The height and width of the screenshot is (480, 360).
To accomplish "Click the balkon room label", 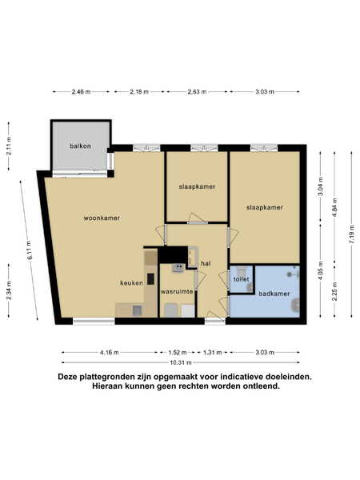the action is click(80, 146).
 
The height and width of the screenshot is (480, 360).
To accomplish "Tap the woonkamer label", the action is click(102, 218).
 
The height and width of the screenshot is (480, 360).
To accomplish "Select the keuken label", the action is click(131, 283).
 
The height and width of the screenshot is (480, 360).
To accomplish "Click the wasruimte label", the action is click(177, 291).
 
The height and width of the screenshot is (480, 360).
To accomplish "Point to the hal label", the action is click(206, 263).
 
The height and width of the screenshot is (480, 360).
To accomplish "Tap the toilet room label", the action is click(242, 279).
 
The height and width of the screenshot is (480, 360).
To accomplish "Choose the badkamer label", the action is click(274, 294).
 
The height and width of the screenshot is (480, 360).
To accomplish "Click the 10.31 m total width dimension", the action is click(181, 362).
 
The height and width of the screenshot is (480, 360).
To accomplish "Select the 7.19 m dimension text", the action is click(352, 234).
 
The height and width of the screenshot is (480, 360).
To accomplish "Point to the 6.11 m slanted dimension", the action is click(30, 250).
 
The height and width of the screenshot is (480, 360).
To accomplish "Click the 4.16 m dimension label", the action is click(110, 352).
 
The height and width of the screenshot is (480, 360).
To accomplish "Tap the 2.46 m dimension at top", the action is click(81, 91).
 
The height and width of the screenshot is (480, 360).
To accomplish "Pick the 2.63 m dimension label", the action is click(197, 91).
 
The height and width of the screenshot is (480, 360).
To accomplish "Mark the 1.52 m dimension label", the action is click(178, 352).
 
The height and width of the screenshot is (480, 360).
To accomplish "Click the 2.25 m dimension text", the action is click(335, 291).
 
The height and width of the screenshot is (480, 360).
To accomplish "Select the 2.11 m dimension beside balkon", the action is click(9, 146).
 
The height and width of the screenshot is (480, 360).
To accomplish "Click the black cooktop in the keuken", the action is click(150, 279).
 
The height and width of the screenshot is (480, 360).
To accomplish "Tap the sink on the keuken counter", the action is click(137, 310).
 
